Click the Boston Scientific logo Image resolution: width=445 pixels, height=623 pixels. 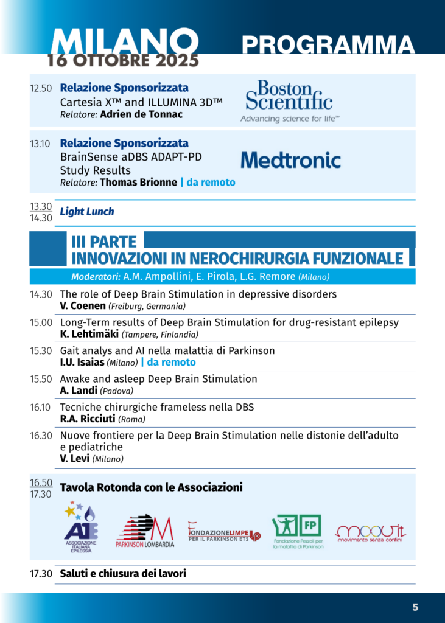[x=289, y=101]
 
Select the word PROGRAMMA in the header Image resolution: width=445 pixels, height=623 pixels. [x=328, y=45]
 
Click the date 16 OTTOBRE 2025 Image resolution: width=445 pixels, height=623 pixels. [x=124, y=60]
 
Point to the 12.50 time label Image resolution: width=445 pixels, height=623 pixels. [x=41, y=88]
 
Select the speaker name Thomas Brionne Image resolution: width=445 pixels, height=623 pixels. [x=138, y=183]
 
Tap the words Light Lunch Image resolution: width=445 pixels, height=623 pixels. [x=86, y=212]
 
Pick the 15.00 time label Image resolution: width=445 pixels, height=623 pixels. [x=41, y=323]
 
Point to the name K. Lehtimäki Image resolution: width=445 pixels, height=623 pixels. [x=89, y=334]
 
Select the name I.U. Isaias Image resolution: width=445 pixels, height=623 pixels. [x=82, y=362]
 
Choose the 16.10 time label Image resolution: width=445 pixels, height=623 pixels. [x=41, y=407]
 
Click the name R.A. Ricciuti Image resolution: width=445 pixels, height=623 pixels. [x=87, y=419]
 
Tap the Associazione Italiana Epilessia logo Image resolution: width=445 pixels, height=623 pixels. [x=80, y=526]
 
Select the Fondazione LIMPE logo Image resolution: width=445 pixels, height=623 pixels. [x=224, y=531]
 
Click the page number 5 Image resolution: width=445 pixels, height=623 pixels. [x=415, y=607]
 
